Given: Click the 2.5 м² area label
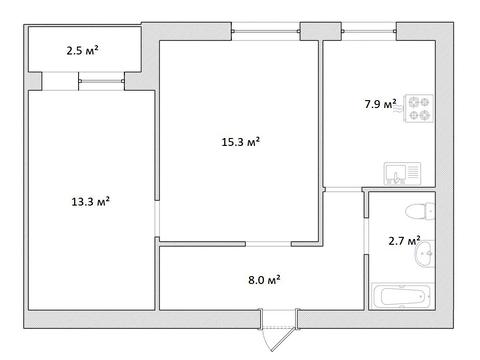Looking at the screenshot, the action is pyautogui.click(x=82, y=51).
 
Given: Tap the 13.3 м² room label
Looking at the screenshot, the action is pyautogui.click(x=91, y=201).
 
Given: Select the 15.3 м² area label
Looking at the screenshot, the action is pyautogui.click(x=241, y=142).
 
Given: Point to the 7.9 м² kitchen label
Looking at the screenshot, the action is pyautogui.click(x=380, y=104).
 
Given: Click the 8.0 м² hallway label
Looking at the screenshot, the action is pyautogui.click(x=264, y=279).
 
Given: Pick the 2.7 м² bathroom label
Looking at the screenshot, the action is pyautogui.click(x=404, y=240).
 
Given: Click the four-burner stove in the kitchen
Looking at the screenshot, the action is pyautogui.click(x=419, y=108).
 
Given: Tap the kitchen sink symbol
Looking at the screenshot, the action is pyautogui.click(x=402, y=173).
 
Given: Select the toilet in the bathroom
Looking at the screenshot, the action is pyautogui.click(x=420, y=211).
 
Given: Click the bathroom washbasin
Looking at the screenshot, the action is pyautogui.click(x=425, y=253).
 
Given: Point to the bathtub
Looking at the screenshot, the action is pyautogui.click(x=403, y=296).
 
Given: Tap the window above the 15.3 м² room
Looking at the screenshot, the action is pyautogui.click(x=266, y=31).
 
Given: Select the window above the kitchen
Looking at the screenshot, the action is pyautogui.click(x=369, y=31).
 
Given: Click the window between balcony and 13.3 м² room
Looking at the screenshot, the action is pyautogui.click(x=102, y=81).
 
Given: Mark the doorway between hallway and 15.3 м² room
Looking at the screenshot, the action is pyautogui.click(x=268, y=244).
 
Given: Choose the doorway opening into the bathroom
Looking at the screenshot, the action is pyautogui.click(x=366, y=236).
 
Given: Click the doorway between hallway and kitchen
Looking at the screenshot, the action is pyautogui.click(x=343, y=189).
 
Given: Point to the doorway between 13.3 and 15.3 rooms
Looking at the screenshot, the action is pyautogui.click(x=157, y=219).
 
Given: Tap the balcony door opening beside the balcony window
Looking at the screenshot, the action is pyautogui.click(x=60, y=81).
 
